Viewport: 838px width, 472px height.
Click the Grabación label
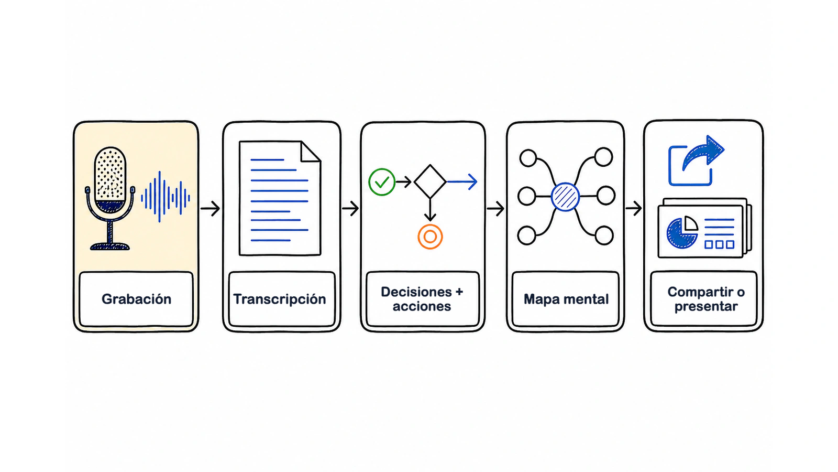click(137, 299)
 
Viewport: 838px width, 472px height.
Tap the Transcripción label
click(280, 299)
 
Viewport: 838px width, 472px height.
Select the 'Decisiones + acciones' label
click(422, 299)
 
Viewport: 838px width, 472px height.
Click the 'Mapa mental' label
click(566, 299)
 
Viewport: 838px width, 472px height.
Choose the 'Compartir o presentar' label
click(706, 299)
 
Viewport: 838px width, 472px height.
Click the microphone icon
click(110, 198)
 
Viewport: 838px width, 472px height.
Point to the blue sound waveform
click(166, 197)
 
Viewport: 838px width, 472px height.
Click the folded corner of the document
click(311, 152)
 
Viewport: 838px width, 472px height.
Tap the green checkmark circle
click(382, 182)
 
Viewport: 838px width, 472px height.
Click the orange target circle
click(430, 237)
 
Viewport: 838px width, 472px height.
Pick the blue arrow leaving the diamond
click(462, 181)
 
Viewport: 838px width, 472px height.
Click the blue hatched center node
click(565, 197)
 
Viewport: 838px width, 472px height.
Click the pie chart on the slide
click(682, 232)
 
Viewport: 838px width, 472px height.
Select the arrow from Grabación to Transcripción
click(210, 208)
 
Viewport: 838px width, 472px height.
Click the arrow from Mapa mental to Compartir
click(633, 208)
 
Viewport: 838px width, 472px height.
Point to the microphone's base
click(110, 246)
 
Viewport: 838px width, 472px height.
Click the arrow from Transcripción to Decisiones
click(350, 208)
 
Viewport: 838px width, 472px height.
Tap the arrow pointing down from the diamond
click(430, 210)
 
